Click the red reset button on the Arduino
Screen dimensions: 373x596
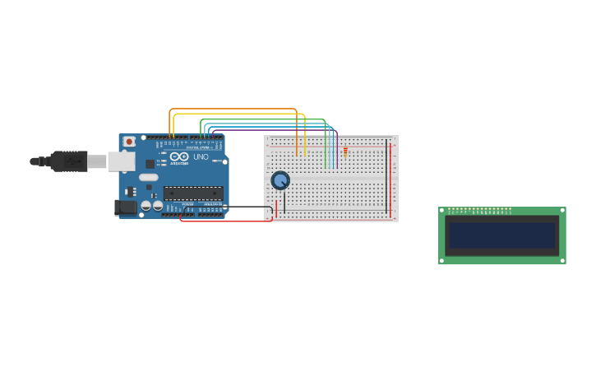(129, 142)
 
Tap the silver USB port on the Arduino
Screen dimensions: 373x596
(121, 161)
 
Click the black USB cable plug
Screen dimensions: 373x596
(69, 161)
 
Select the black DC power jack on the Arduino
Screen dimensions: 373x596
(126, 207)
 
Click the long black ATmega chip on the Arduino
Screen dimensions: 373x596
(193, 193)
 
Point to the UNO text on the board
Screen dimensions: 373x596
(201, 156)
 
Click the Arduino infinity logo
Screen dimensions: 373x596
(180, 156)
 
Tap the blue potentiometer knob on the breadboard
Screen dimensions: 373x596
(280, 180)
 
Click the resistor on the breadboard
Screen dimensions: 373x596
(345, 151)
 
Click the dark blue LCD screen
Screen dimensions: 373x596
(501, 235)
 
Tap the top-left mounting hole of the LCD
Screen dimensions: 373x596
(442, 211)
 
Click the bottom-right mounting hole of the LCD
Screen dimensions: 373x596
(562, 260)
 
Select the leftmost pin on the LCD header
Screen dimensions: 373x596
(449, 209)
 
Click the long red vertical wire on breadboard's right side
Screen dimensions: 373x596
(390, 181)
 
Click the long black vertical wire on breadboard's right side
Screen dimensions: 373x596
(386, 177)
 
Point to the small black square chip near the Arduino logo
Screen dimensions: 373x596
(150, 164)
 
